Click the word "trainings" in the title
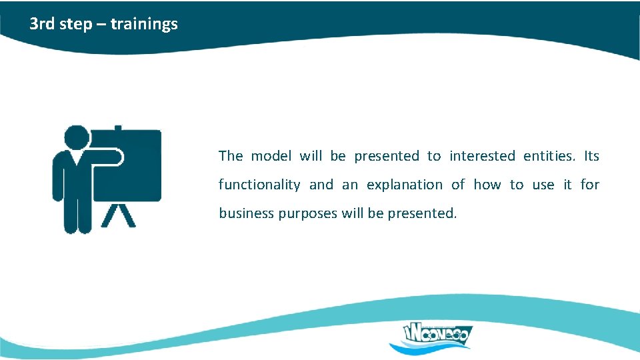click(144, 24)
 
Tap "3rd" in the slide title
click(41, 24)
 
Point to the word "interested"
click(482, 156)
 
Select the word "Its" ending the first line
click(591, 156)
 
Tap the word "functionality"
click(259, 185)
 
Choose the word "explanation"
click(404, 185)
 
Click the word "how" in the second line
click(487, 185)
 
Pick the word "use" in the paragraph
click(543, 185)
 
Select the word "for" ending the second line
click(589, 185)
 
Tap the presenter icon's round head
click(77, 137)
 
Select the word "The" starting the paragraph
click(231, 156)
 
